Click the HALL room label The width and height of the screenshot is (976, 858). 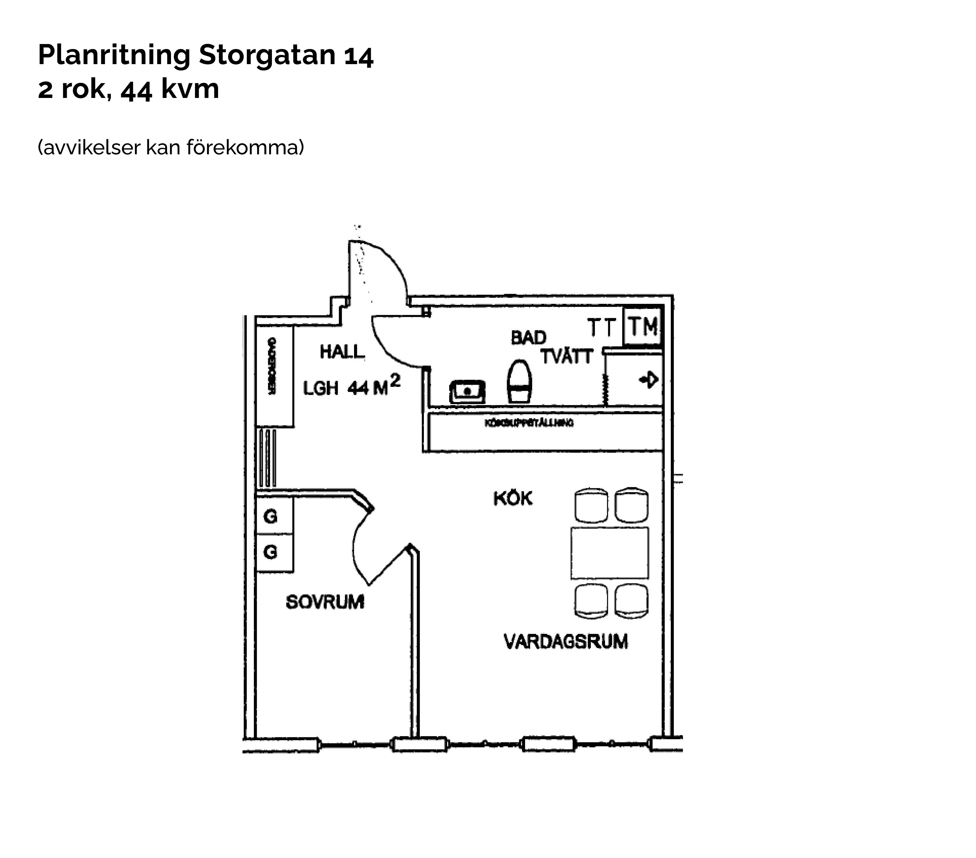342,352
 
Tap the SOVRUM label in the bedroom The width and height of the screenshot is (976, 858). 325,602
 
